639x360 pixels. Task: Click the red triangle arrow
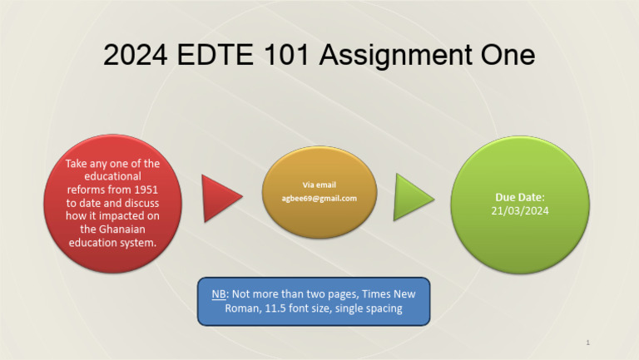(x=220, y=199)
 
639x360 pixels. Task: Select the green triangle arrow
(x=412, y=197)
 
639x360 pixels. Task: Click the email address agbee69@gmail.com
(x=319, y=199)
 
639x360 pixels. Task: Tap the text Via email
(x=319, y=185)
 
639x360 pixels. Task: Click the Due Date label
(x=519, y=197)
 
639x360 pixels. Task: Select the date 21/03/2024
(x=519, y=211)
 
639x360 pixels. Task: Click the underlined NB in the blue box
(x=219, y=293)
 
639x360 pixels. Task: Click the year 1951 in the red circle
(x=145, y=190)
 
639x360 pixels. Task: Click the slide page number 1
(x=587, y=343)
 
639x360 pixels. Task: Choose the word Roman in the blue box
(x=242, y=308)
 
